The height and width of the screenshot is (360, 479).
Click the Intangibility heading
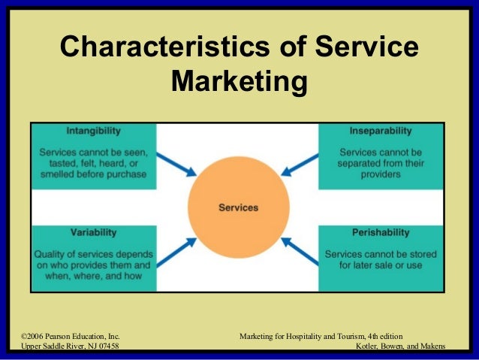pos(93,131)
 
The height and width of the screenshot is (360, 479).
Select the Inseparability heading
pos(380,131)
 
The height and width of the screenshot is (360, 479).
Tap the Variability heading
pos(93,233)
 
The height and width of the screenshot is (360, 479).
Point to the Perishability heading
pos(380,233)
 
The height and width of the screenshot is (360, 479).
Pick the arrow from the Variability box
pos(179,252)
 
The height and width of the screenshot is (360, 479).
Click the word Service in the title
pos(366,47)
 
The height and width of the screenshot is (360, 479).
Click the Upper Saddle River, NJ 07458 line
pos(69,346)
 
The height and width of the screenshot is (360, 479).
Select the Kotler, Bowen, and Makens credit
pos(404,346)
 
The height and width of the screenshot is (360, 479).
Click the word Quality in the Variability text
pos(50,254)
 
